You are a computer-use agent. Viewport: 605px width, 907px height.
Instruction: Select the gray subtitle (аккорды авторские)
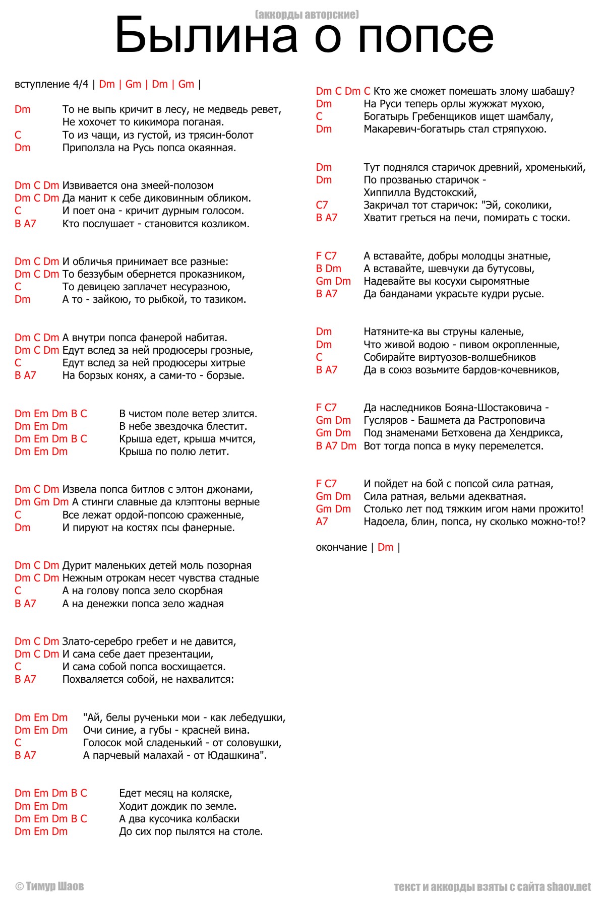pos(307,14)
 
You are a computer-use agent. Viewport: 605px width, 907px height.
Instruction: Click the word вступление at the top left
pos(42,84)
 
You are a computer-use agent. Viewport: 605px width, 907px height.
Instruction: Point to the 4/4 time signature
pos(81,84)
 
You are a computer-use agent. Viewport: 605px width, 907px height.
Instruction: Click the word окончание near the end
pos(341,547)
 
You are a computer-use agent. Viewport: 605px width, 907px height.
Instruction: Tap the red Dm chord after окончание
pos(385,547)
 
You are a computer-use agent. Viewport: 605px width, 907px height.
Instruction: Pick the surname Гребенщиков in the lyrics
pos(444,116)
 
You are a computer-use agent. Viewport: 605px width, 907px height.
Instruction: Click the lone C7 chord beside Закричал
pos(322,205)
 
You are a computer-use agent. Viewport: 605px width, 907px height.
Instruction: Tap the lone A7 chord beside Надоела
pos(322,522)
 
